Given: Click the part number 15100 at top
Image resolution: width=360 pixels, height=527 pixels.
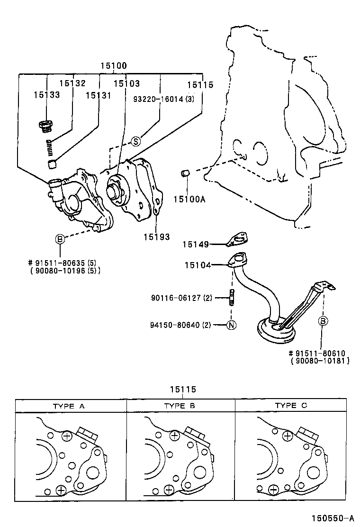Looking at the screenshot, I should (x=113, y=66).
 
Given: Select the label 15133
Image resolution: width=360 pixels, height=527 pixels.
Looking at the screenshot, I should (x=46, y=95).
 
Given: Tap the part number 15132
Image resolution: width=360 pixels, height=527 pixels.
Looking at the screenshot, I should (x=72, y=83).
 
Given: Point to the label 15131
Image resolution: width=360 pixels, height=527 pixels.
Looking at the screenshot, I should (x=98, y=95).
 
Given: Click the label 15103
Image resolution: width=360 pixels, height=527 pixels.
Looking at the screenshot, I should (x=126, y=83).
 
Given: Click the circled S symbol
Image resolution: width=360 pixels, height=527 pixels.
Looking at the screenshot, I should (x=136, y=141).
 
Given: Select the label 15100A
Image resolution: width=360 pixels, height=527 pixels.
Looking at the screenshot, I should (x=189, y=199).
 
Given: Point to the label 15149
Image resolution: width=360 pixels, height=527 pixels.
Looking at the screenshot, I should (x=197, y=244).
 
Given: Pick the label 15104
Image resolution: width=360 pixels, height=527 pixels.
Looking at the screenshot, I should (x=198, y=265).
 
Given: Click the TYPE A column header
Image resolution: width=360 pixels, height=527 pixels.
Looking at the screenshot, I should (x=69, y=406).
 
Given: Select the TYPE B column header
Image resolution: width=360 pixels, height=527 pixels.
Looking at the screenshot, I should (x=180, y=406).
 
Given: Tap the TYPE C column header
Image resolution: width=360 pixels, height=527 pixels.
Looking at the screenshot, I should (x=291, y=406).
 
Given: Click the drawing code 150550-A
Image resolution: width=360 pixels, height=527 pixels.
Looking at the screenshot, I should (x=332, y=518).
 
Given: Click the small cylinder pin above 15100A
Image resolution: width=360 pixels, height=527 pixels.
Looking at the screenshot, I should (x=186, y=174).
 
